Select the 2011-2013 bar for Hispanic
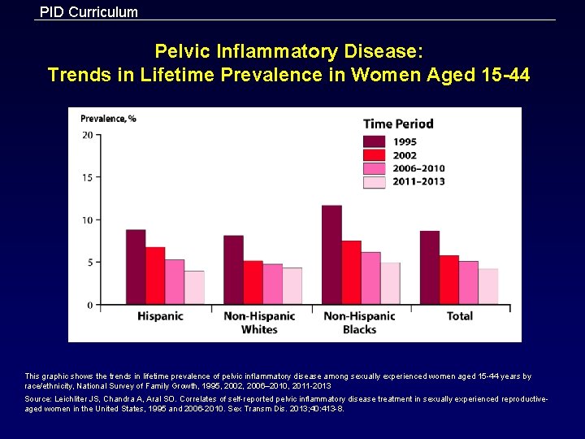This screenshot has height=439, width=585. pos(194,288)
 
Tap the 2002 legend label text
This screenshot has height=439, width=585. pos(405,155)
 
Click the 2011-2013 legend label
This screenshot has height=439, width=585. pos(418,181)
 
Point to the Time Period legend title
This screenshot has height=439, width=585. pos(398,124)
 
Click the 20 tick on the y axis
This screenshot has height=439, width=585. pos(87,135)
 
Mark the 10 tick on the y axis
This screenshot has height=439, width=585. pos(87,219)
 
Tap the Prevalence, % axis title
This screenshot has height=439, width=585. pos(108,119)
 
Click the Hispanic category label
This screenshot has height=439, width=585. pos(160,316)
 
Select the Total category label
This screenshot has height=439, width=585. pos(460,316)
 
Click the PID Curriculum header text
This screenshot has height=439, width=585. pos(89,12)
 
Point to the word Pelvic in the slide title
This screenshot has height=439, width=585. pos(182,52)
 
